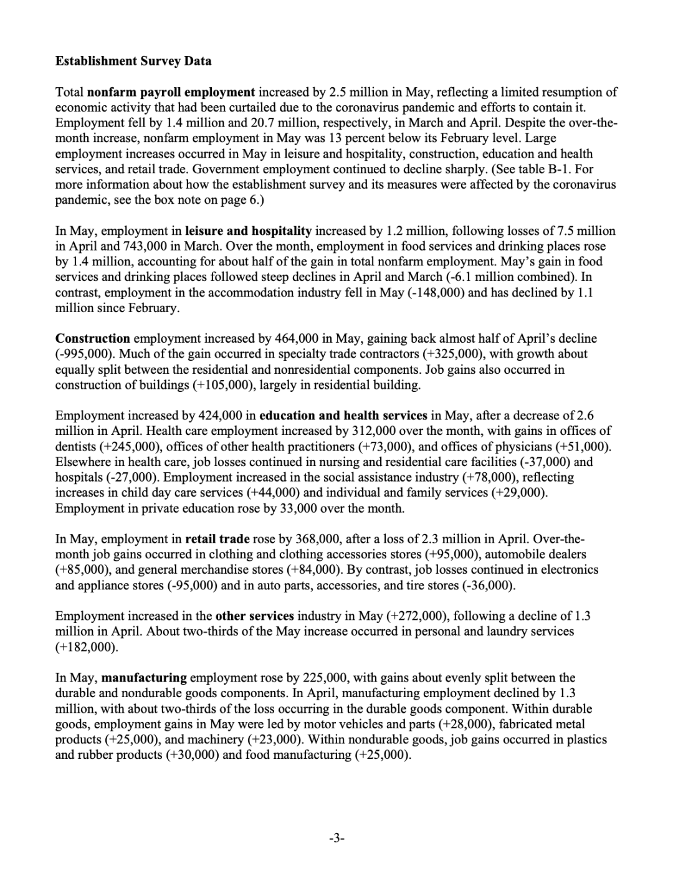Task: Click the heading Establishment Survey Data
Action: coord(133,61)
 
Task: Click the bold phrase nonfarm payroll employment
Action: coord(171,92)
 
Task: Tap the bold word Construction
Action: coord(93,338)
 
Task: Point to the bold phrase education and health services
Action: coord(343,415)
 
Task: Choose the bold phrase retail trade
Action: coord(217,539)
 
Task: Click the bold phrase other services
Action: coord(254,616)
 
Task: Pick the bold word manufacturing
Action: coord(144,677)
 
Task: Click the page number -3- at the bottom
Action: coord(336,838)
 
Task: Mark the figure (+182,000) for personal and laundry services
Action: coord(86,647)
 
